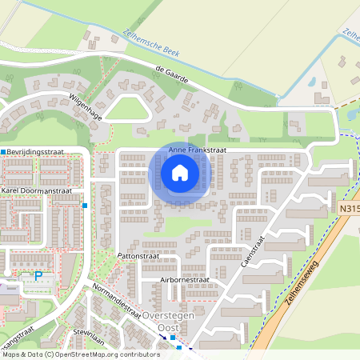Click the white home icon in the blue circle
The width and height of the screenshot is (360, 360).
(x=179, y=174)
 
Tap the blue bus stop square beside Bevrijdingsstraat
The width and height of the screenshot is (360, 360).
(x=4, y=151)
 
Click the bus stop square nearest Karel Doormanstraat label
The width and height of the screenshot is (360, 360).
(x=86, y=206)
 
